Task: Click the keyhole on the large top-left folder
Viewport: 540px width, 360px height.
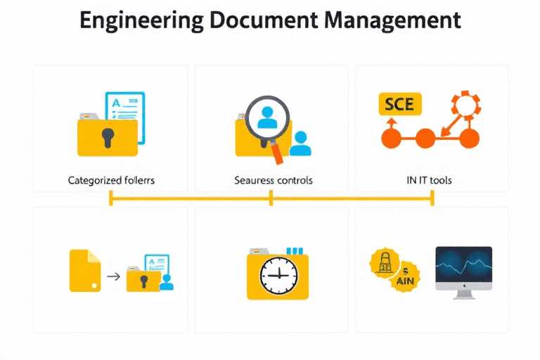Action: (x=108, y=137)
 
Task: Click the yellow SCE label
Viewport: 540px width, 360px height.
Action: (x=400, y=105)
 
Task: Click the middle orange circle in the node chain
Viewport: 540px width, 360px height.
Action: (x=425, y=137)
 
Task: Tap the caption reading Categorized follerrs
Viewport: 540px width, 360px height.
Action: (x=111, y=180)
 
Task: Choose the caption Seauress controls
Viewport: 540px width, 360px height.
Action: (x=273, y=180)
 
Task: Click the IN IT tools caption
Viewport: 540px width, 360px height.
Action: (x=429, y=180)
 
